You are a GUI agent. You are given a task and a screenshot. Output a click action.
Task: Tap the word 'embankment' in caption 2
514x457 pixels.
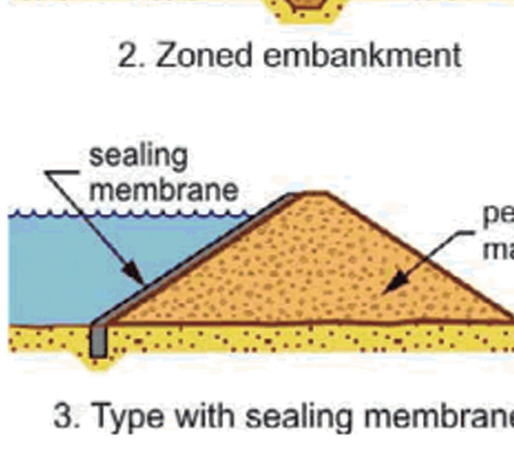(x=362, y=55)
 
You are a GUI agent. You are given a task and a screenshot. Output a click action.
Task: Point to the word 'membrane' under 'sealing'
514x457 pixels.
(x=163, y=189)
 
